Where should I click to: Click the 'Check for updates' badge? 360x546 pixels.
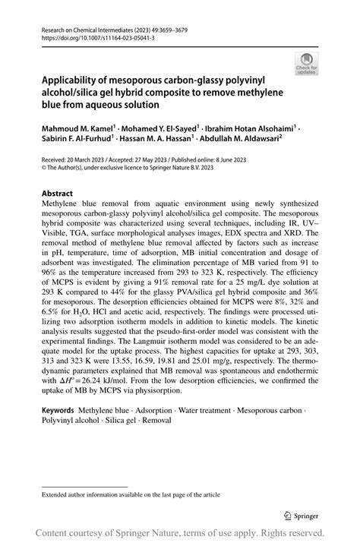(x=306, y=64)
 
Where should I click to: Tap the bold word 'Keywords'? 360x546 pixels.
(x=65, y=410)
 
